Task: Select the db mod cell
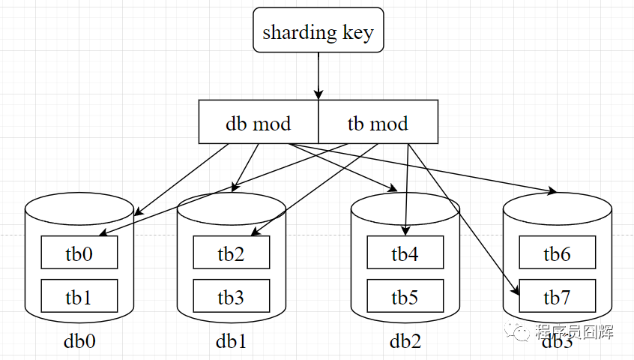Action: pos(259,122)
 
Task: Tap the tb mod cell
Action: pos(378,122)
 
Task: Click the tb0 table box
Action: pos(79,253)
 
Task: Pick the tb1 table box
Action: pos(79,297)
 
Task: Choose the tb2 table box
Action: pos(231,253)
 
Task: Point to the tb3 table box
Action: pos(231,297)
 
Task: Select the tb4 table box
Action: pos(405,253)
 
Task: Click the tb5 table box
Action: pos(405,297)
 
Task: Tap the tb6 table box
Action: pos(557,253)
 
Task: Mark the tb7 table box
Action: pos(557,297)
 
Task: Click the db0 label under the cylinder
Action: pos(79,341)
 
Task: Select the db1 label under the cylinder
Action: pos(231,341)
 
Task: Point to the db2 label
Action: pos(405,341)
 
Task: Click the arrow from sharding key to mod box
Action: pos(318,75)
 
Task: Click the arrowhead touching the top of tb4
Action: pos(405,231)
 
